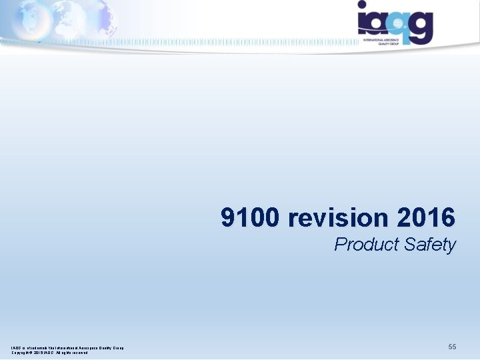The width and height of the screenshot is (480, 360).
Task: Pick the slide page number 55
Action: pos(452,347)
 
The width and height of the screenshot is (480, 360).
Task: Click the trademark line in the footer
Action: pos(67,347)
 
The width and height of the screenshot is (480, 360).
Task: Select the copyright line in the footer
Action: pos(49,352)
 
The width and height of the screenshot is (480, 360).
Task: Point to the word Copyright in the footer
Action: pos(22,352)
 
